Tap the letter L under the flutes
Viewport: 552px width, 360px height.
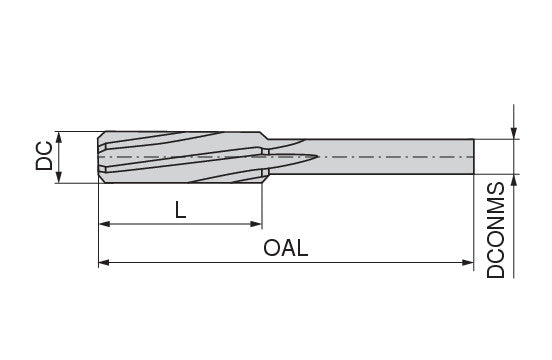pos(179,210)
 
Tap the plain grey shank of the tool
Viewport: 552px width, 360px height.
pos(400,157)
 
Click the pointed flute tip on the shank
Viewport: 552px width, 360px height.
pos(316,157)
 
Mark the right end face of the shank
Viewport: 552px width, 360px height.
pos(472,157)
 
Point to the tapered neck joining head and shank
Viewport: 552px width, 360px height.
pos(268,157)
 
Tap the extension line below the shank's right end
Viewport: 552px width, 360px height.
pos(473,220)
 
